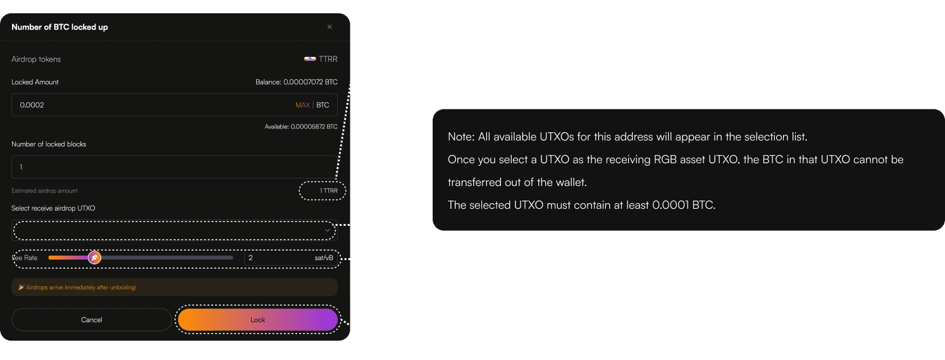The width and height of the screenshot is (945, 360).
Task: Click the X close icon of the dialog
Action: [330, 27]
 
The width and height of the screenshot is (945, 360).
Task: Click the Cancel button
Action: [92, 320]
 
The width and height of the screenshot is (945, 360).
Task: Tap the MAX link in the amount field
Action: [302, 105]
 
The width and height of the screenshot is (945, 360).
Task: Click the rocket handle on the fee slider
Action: [94, 258]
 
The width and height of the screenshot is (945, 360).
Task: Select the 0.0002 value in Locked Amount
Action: [32, 105]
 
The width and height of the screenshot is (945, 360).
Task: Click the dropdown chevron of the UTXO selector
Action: [328, 230]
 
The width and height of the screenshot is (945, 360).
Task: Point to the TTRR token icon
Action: [310, 59]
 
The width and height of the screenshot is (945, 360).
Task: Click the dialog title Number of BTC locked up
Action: [59, 27]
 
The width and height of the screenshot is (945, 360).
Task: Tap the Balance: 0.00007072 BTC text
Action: [296, 82]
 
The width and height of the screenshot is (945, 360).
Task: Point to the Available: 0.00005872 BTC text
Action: [301, 127]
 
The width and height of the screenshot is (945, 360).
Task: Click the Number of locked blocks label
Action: [49, 144]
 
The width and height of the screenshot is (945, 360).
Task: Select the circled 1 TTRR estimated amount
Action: [329, 191]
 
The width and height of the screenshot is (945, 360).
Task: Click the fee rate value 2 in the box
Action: [250, 258]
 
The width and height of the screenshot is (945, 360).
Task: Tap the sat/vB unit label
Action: [324, 258]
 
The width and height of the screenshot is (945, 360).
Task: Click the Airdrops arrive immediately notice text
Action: [81, 287]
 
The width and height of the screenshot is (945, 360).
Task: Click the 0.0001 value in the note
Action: [670, 205]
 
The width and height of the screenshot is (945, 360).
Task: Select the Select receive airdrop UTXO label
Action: [53, 208]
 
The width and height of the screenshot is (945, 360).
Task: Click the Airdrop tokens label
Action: [36, 59]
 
